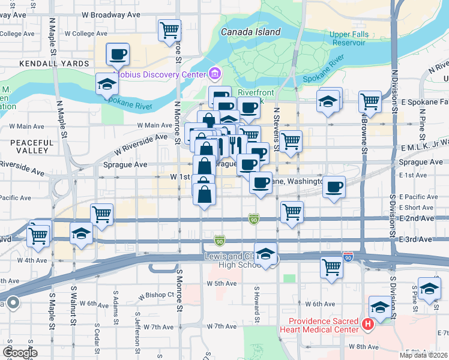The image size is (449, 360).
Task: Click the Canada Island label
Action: [x=250, y=32]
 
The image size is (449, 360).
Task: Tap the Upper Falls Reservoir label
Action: [x=348, y=38]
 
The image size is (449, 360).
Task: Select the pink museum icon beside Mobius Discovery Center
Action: [x=214, y=74]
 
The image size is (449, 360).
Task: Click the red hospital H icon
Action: [x=368, y=325]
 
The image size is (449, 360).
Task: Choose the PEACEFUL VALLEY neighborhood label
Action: [x=29, y=146]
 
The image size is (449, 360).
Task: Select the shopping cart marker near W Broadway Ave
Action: [x=170, y=29]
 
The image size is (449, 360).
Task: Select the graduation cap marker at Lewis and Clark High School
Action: [x=265, y=254]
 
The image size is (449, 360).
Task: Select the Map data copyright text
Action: [x=424, y=355]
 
